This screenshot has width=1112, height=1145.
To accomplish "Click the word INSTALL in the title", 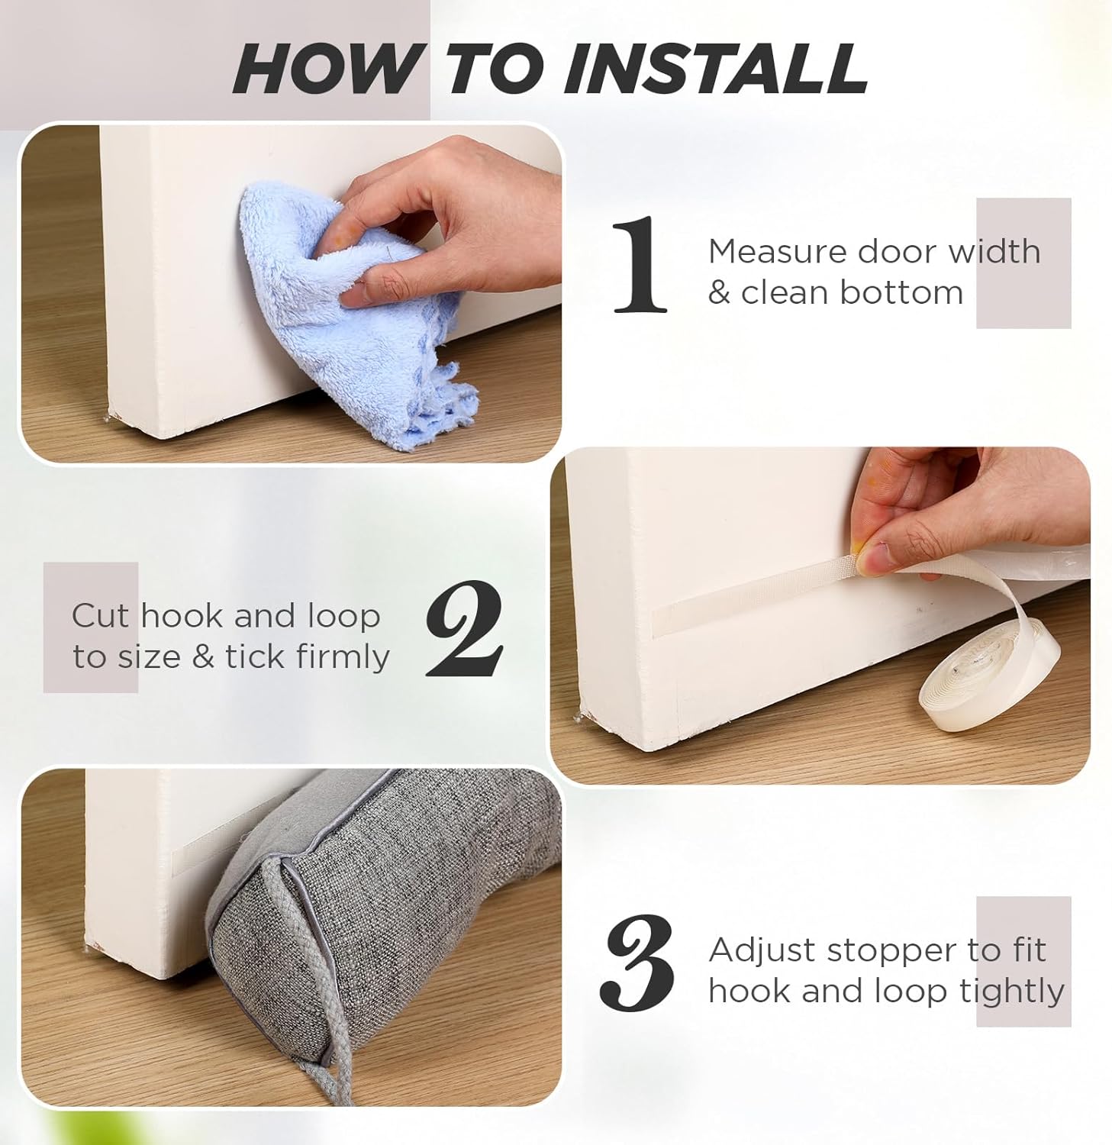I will (714, 69).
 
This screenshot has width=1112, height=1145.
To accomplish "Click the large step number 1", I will (640, 265).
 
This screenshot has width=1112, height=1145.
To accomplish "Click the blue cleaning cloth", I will (359, 321).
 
